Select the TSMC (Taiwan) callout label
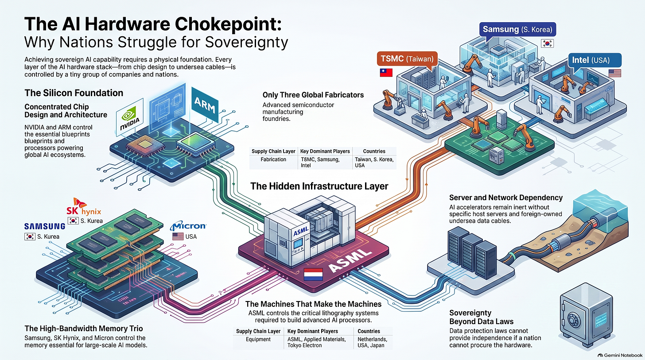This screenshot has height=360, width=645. (x=407, y=59)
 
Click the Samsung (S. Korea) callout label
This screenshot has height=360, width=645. (x=517, y=29)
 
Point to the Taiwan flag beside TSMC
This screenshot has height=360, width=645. (x=386, y=73)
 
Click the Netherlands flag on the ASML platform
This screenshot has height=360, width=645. (x=313, y=274)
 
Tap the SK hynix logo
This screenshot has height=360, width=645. (x=83, y=207)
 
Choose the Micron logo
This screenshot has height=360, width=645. (x=188, y=226)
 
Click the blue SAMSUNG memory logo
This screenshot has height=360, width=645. (x=45, y=226)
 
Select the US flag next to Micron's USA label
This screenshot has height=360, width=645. (x=178, y=236)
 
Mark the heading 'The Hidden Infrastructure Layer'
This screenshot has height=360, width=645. (x=319, y=186)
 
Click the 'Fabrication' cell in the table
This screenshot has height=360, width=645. (x=273, y=159)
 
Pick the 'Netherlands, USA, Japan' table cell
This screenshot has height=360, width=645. (x=372, y=342)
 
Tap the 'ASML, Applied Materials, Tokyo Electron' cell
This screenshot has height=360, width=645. (x=316, y=342)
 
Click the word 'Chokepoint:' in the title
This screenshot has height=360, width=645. (x=228, y=24)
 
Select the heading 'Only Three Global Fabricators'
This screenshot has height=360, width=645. (x=313, y=95)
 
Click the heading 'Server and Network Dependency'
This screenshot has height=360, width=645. (x=506, y=197)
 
